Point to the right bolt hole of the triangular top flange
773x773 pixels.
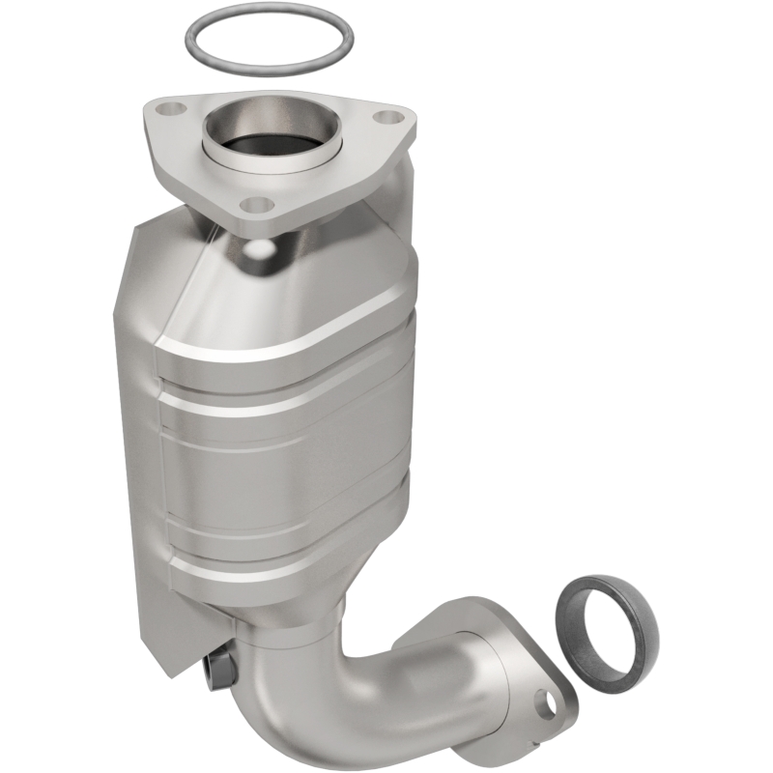[388, 118]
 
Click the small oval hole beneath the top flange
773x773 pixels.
[258, 248]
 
